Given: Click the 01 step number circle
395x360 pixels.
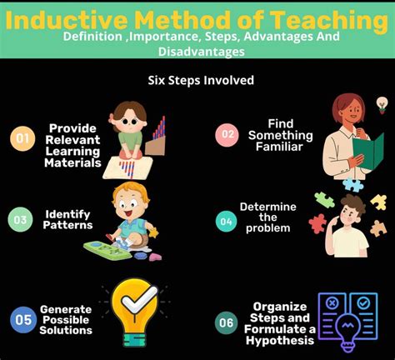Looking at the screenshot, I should [x=22, y=138].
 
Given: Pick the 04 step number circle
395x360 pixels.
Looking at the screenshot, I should [x=225, y=220].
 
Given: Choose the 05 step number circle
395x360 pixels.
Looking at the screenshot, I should [x=22, y=317].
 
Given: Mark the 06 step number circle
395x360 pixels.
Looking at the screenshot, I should [x=226, y=322].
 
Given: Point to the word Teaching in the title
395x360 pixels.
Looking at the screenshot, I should [x=324, y=18].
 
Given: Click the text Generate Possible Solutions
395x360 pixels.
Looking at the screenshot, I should [x=65, y=317].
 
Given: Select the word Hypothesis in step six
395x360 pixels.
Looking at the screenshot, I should [x=274, y=338].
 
